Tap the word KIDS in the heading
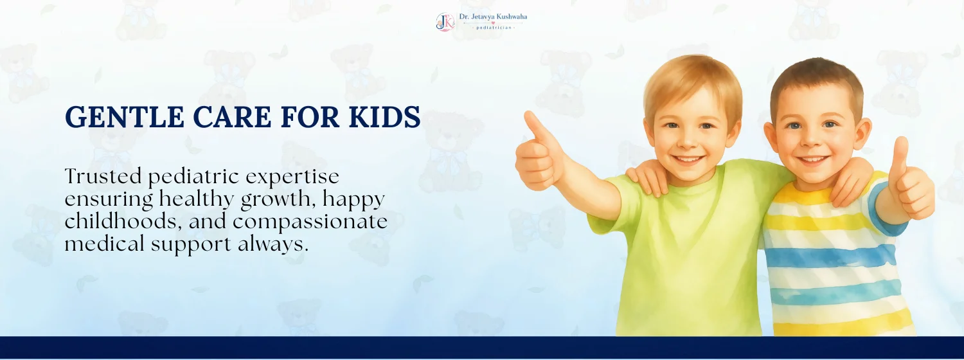[384, 117]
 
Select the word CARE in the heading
[232, 117]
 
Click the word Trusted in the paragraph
[103, 176]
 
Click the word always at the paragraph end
[273, 244]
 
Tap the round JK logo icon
[445, 21]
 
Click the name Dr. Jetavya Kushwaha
[493, 17]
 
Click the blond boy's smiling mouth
[687, 160]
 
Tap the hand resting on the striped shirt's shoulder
[851, 180]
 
